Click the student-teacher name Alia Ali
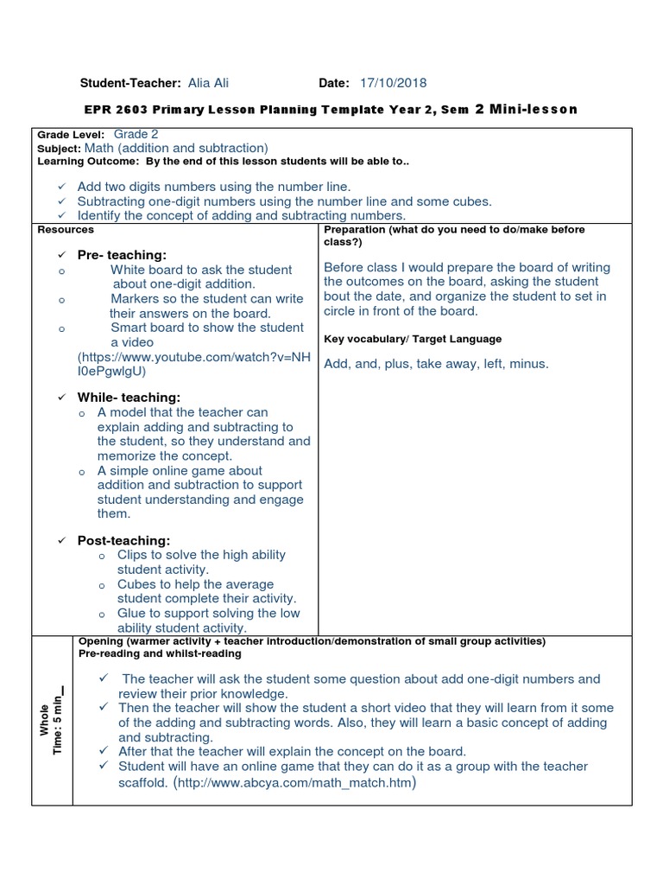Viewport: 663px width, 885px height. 208,83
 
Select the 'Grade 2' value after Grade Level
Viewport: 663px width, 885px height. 136,135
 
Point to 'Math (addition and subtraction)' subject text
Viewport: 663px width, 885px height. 176,149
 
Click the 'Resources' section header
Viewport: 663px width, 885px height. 66,230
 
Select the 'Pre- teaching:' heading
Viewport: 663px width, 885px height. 122,254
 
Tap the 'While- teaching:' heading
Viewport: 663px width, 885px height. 129,397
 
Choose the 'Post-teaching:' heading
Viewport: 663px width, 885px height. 123,540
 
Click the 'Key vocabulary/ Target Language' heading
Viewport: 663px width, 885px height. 413,339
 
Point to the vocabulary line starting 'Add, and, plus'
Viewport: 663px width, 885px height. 436,364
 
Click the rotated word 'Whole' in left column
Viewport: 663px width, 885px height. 44,719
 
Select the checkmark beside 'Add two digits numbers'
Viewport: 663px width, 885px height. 61,187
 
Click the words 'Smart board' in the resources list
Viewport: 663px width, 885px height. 145,328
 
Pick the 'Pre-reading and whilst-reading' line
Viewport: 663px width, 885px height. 160,654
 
